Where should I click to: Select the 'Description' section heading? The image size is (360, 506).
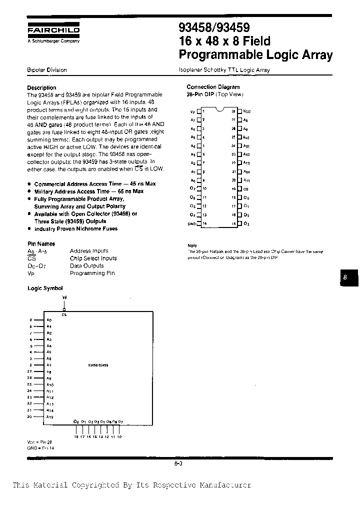[41, 87]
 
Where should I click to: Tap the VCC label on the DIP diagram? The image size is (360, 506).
[246, 112]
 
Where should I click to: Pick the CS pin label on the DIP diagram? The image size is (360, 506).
[245, 189]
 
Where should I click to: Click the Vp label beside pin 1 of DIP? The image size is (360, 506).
[193, 112]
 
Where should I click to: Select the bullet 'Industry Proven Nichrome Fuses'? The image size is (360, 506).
[75, 228]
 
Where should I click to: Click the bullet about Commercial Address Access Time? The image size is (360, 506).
[94, 184]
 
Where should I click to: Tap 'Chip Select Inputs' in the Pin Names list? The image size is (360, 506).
[93, 258]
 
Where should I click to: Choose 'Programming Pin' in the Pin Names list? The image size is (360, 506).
[92, 273]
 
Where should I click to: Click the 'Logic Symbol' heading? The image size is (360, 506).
[45, 288]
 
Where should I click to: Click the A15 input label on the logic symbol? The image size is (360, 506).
[49, 416]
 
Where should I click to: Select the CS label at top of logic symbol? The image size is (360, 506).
[63, 314]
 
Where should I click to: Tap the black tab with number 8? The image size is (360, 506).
[345, 278]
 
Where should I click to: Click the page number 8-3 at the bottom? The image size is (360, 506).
[178, 463]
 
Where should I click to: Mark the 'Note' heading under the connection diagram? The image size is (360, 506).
[192, 245]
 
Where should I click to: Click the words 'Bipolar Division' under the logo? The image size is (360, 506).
[46, 70]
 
